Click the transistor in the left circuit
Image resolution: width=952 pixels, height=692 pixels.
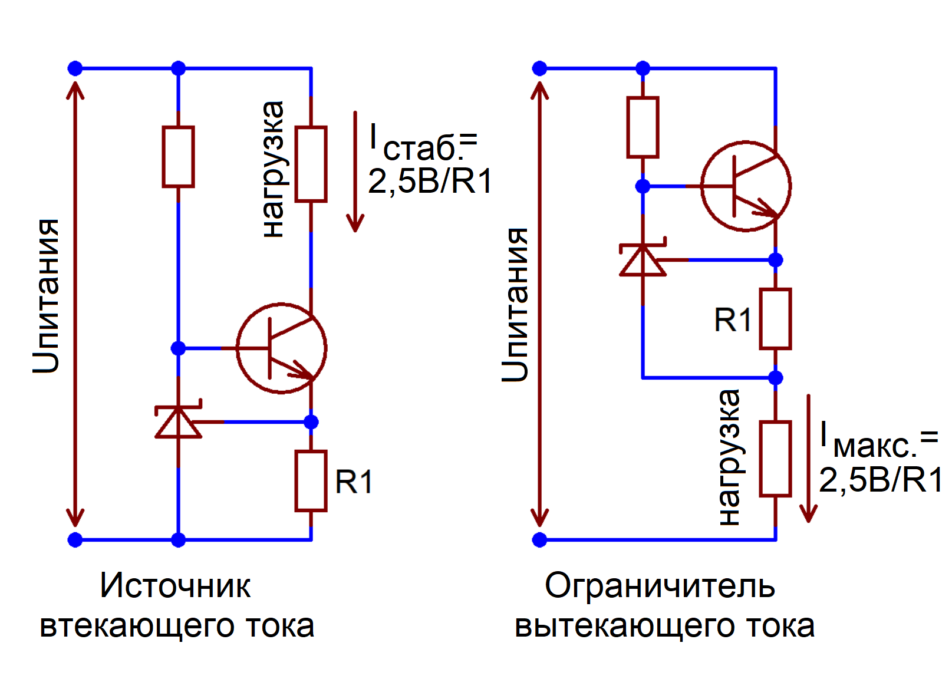coord(281,348)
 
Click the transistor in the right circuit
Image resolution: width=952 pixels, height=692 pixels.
coord(746,186)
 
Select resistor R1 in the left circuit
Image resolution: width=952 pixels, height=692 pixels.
coord(311,481)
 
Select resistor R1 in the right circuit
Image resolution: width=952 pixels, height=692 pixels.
coord(775,319)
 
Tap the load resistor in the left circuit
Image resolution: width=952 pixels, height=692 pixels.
coord(311,164)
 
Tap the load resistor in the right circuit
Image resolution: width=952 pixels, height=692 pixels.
coord(775,459)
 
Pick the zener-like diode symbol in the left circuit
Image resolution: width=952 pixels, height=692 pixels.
coord(178,421)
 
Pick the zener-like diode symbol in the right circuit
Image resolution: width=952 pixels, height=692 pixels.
coord(643,259)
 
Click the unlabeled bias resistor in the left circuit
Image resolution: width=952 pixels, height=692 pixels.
coord(178,157)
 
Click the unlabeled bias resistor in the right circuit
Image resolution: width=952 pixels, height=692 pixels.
coord(643,127)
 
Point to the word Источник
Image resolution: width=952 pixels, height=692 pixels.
coord(175,586)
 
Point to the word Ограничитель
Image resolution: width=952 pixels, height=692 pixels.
coord(660,586)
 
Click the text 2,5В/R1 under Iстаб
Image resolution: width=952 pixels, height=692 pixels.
coord(430,182)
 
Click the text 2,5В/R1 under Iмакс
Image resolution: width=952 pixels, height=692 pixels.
coord(880,480)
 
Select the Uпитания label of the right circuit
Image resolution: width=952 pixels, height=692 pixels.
coord(515,304)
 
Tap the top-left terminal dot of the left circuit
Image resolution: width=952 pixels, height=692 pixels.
coord(75,68)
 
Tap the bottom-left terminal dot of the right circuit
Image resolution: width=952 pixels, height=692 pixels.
coord(539,539)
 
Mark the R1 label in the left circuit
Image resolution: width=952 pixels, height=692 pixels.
coord(354,482)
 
